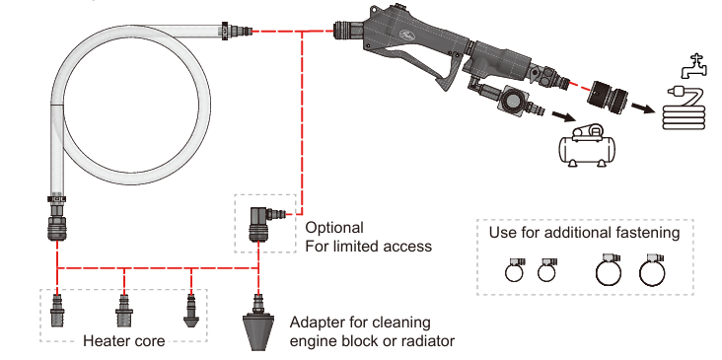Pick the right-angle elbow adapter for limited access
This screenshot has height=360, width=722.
tap(261, 224)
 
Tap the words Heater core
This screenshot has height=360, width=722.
tap(124, 341)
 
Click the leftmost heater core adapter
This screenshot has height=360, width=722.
tap(57, 311)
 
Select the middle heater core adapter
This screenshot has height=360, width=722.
tap(124, 311)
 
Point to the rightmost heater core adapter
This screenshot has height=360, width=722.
tap(190, 311)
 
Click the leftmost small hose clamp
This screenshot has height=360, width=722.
tap(514, 270)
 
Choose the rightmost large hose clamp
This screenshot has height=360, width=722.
tap(652, 270)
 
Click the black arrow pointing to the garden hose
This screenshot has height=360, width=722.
tap(643, 108)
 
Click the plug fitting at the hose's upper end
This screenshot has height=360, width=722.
tap(237, 32)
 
